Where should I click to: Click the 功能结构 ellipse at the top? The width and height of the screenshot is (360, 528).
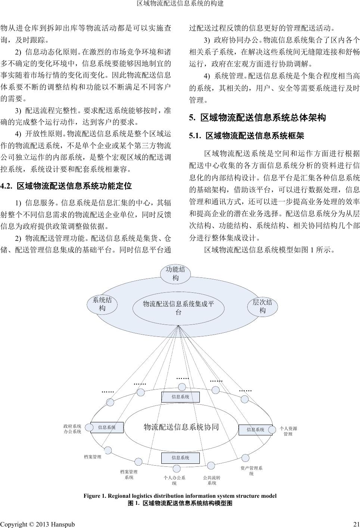coord(175,274)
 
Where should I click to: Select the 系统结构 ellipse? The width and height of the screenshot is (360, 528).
coord(102,304)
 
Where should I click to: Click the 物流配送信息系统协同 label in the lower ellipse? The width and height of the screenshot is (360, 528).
coord(181,427)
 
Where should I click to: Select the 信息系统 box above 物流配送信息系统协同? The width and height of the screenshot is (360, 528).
coord(180,397)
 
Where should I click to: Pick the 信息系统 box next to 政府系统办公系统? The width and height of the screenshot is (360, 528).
coord(107,428)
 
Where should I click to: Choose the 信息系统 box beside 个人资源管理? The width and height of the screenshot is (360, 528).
coord(255,430)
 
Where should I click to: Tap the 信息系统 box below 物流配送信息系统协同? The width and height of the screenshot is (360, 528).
coord(180,458)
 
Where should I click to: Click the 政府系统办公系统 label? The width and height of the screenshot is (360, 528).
coord(72,429)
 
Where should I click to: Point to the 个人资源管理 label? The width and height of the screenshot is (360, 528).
coord(288,431)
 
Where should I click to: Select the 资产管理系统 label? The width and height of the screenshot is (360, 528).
coord(251,470)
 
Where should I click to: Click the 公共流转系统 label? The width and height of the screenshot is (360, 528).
coord(212,480)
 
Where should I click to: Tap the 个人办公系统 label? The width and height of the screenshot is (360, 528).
coord(174,480)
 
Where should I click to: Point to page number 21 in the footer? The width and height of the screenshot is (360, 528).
coord(356,524)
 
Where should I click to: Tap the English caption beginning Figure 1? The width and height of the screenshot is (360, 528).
coord(180,496)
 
